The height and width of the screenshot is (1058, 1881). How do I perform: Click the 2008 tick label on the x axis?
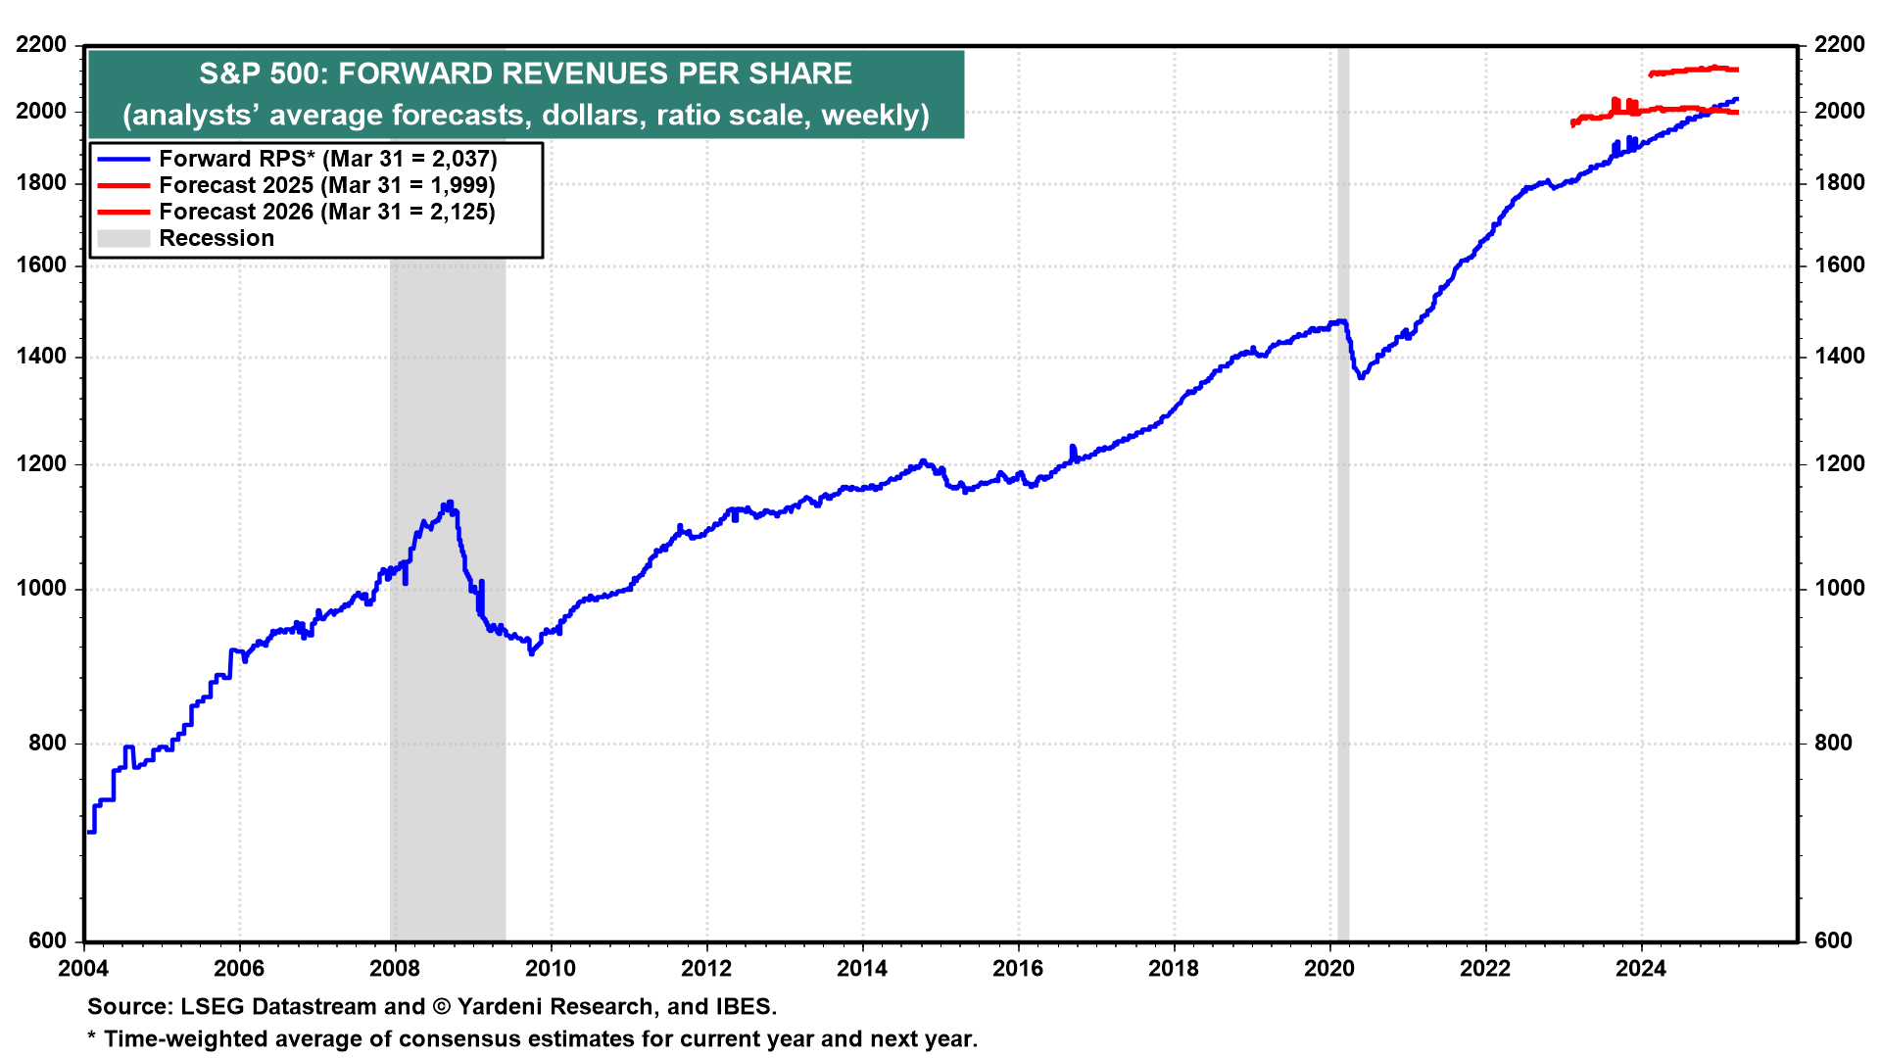tap(394, 969)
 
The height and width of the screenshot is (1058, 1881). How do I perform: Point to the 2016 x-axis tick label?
tap(1018, 969)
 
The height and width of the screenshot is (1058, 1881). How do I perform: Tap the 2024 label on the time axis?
tap(1641, 969)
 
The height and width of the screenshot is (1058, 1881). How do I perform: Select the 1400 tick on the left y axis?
tap(42, 357)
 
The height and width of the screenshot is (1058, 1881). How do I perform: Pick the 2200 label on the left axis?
tap(42, 45)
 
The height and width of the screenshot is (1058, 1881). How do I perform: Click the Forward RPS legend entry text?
tap(328, 159)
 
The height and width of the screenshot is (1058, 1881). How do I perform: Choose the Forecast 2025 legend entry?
tap(327, 185)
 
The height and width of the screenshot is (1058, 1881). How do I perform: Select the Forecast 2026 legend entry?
tap(327, 212)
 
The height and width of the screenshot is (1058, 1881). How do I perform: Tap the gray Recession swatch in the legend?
tap(123, 238)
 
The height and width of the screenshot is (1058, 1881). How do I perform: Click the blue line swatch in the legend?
tap(123, 159)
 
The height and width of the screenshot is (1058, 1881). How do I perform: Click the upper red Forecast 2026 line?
tap(1695, 70)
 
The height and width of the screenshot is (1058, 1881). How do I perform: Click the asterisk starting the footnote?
tap(92, 1037)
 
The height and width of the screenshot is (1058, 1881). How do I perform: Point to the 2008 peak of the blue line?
tap(449, 504)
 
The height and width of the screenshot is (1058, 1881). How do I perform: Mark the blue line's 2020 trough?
tap(1361, 377)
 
